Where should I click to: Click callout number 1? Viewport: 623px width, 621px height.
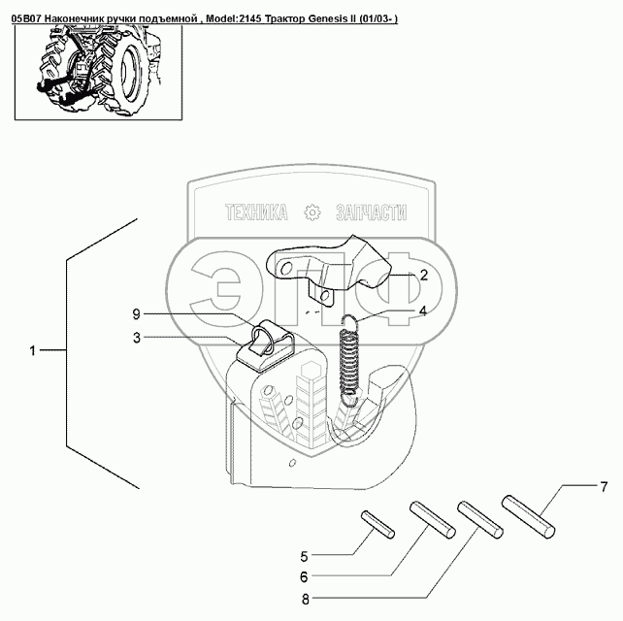point(32,350)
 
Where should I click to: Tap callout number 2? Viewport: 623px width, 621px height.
point(423,276)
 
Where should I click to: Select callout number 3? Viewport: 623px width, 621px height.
point(138,338)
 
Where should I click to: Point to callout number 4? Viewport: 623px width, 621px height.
point(423,311)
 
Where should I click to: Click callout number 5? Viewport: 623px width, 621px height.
point(304,556)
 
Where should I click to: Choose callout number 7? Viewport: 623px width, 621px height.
point(602,484)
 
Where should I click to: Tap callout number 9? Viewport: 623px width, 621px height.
point(138,313)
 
